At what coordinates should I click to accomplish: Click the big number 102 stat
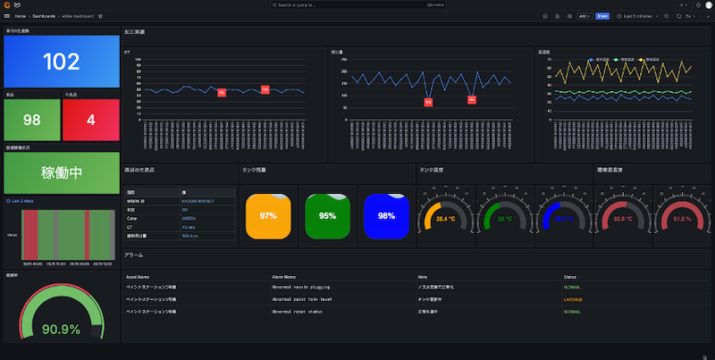(x=61, y=62)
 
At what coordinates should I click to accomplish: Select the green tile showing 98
(x=32, y=119)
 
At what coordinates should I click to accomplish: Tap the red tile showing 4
(x=90, y=119)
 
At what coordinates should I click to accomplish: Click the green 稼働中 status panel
(x=61, y=172)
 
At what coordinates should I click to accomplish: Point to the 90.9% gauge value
(x=61, y=330)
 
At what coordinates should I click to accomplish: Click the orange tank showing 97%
(x=267, y=216)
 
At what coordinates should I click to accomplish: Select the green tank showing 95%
(x=327, y=216)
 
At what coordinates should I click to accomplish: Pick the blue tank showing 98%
(x=386, y=216)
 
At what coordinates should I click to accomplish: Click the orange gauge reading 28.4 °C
(x=445, y=218)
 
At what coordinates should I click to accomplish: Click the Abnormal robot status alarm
(x=300, y=311)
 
